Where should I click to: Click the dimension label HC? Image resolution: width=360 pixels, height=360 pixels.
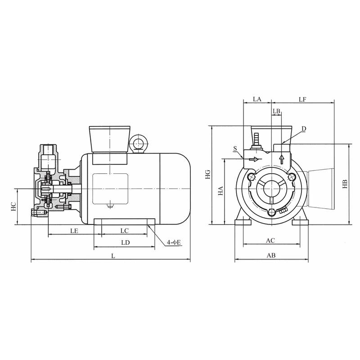(x=13, y=207)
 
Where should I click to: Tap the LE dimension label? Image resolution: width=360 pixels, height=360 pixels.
(x=74, y=231)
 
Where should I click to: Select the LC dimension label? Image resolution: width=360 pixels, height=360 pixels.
(x=125, y=230)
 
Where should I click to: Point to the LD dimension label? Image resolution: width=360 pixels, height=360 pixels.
(x=126, y=243)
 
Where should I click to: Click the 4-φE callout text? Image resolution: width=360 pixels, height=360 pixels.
(x=174, y=242)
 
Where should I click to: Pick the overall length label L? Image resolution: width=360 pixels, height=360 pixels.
(x=113, y=256)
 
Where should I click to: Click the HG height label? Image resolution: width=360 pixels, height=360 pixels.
(x=208, y=174)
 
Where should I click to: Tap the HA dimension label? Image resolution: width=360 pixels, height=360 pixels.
(x=220, y=191)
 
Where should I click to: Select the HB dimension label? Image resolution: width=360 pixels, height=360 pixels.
(x=345, y=184)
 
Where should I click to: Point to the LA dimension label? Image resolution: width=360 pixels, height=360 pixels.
(x=257, y=99)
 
